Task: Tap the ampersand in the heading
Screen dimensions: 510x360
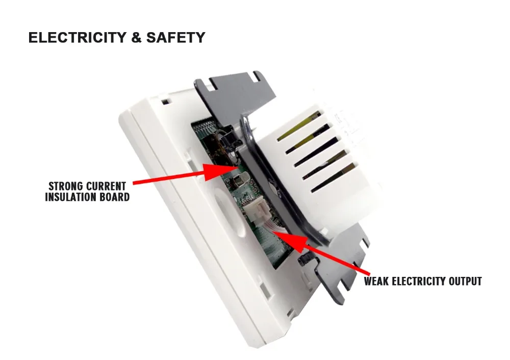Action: click(136, 38)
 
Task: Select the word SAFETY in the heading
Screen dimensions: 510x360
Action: click(175, 38)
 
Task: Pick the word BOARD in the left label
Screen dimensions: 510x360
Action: click(115, 197)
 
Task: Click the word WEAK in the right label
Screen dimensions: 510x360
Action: click(377, 281)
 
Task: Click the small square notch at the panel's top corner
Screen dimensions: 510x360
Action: click(165, 101)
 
